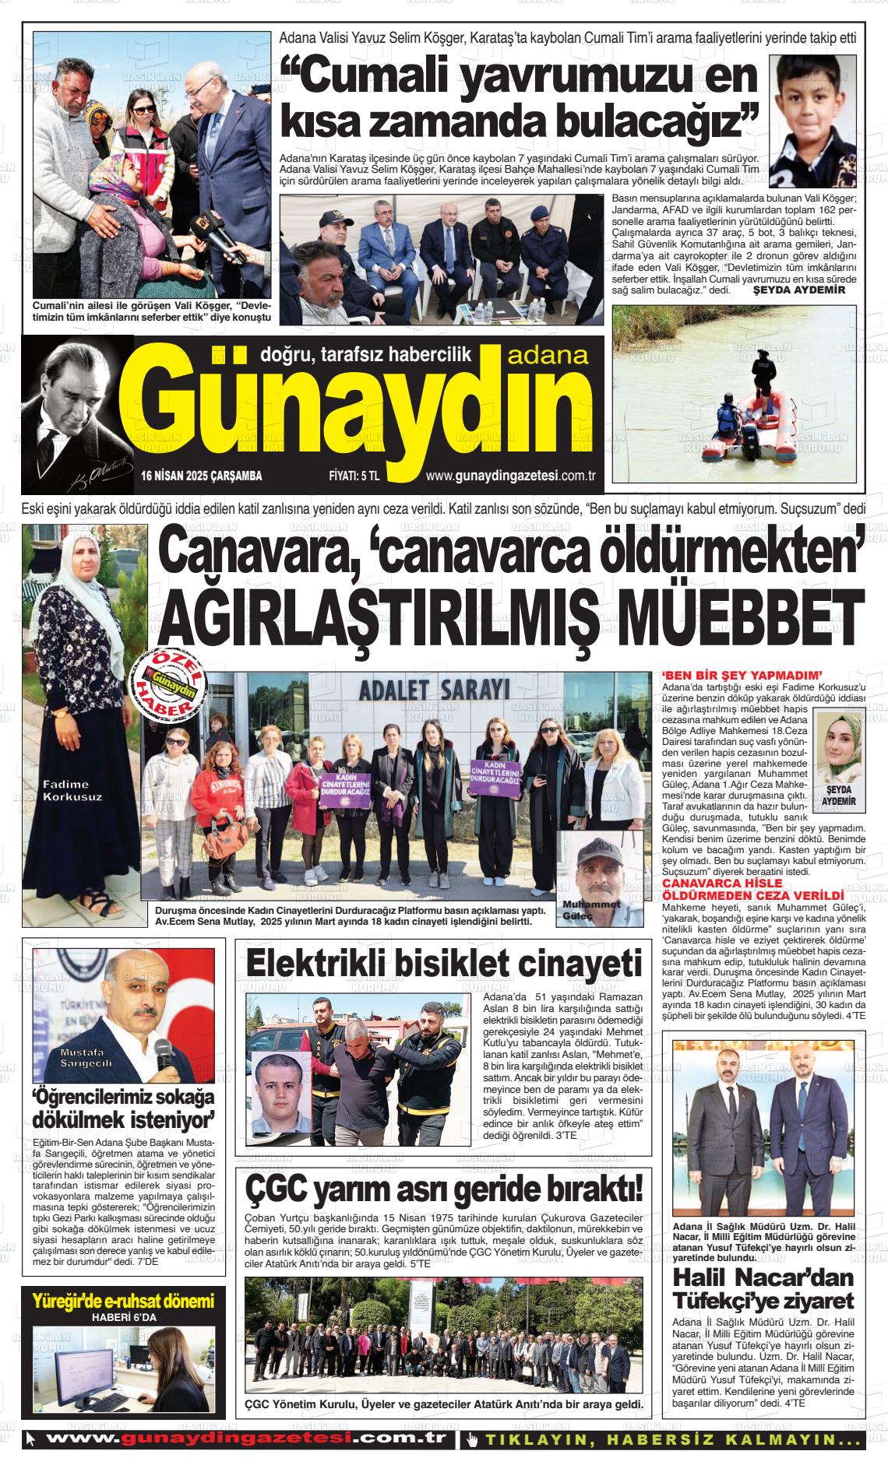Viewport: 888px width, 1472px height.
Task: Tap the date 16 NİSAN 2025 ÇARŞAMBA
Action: point(202,476)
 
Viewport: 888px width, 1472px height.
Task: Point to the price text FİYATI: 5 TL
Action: point(354,476)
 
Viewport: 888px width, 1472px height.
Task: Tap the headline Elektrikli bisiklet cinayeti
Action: point(444,964)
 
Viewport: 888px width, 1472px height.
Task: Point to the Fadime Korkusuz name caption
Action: point(72,790)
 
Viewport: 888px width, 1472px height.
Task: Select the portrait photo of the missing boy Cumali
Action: point(812,122)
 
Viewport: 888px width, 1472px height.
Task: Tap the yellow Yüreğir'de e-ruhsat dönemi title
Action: point(123,1301)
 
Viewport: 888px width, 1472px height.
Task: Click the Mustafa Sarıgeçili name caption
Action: point(87,1057)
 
